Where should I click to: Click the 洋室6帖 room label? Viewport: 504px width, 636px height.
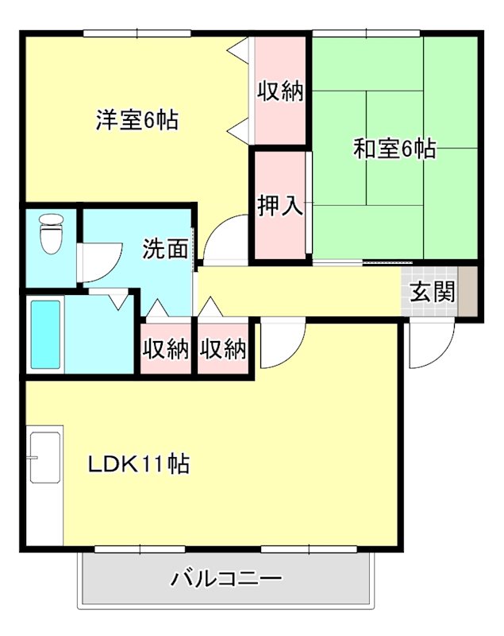tap(137, 121)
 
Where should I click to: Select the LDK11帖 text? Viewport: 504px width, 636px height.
tap(138, 464)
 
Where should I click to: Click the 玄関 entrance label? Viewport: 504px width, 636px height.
tap(433, 292)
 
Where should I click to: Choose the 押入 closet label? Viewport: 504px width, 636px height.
tap(280, 206)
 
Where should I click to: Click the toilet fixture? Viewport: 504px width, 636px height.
tap(51, 234)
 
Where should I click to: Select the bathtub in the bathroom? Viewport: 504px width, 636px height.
tap(45, 335)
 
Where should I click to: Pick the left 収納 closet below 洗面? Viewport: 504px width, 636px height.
tap(166, 348)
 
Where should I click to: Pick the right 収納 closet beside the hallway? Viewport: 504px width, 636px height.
tap(223, 348)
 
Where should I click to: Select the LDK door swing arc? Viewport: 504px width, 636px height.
tap(279, 344)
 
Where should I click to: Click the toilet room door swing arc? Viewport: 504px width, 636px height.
tap(100, 263)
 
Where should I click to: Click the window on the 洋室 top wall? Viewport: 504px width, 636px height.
tap(137, 33)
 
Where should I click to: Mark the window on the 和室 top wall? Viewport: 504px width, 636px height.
tap(366, 33)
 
